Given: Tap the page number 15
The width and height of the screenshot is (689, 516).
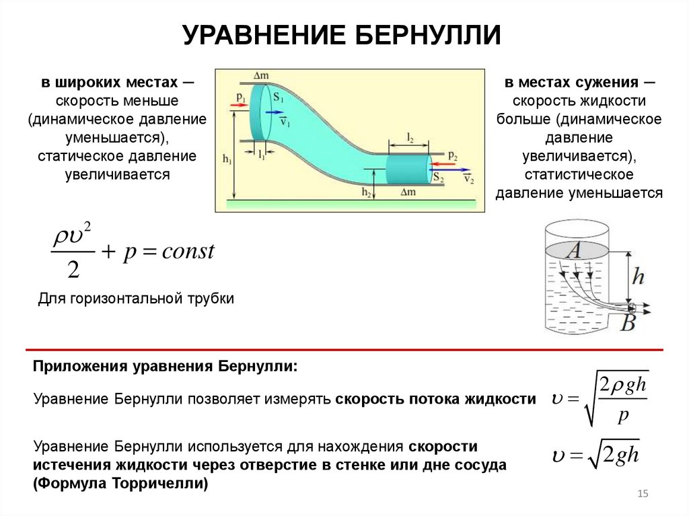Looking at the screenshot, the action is (x=643, y=494).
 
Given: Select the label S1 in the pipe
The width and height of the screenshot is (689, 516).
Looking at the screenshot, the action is (x=278, y=98).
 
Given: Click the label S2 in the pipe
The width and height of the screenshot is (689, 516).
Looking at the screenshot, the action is (x=438, y=177).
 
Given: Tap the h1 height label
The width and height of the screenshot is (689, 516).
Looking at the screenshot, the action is (x=225, y=160).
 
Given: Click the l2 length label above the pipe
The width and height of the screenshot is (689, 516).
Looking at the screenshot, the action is (x=410, y=137).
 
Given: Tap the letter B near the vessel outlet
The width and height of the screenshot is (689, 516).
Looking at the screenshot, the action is (x=627, y=323).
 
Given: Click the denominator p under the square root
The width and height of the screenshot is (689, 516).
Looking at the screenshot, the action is (x=622, y=414).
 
